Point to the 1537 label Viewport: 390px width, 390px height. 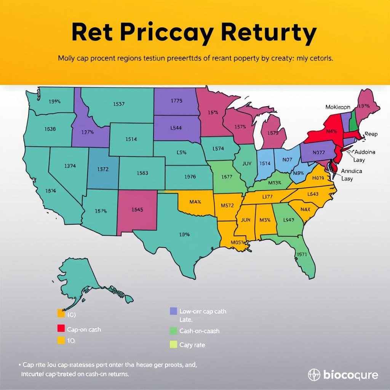[119, 104]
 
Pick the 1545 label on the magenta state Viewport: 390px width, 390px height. [137, 209]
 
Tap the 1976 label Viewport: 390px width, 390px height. [190, 177]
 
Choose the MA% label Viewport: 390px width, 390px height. [195, 201]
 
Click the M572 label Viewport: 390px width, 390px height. [227, 205]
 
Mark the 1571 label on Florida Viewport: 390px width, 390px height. [302, 254]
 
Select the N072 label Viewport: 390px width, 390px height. [319, 152]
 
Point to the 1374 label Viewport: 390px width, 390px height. [70, 166]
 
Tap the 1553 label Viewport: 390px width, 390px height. [142, 173]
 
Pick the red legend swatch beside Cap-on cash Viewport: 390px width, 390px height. [61, 328]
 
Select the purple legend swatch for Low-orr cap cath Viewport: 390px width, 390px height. [173, 311]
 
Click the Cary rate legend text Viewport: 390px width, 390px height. [192, 345]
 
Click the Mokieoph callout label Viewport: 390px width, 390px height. [338, 107]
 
